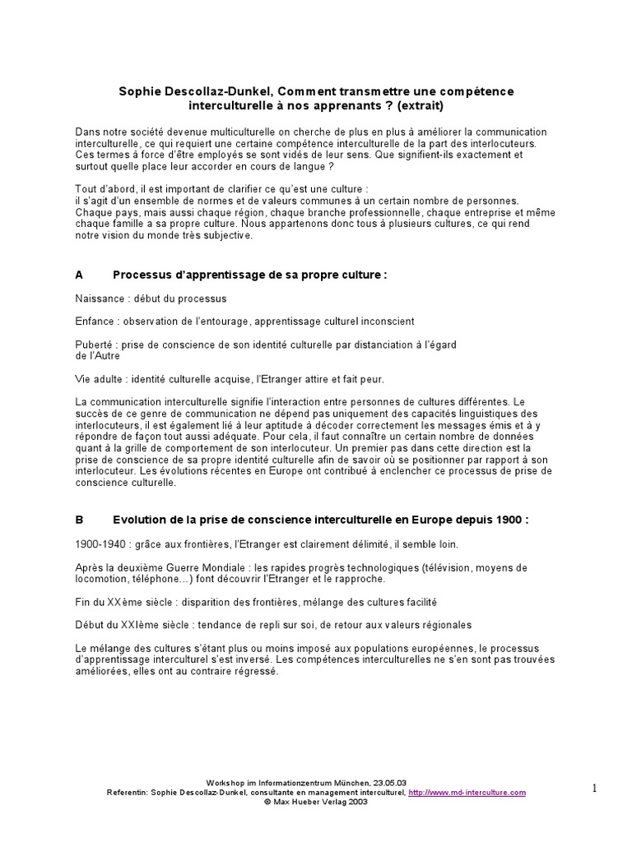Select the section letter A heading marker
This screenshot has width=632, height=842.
pyautogui.click(x=79, y=275)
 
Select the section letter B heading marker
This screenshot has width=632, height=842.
pyautogui.click(x=79, y=520)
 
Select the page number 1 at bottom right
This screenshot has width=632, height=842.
pyautogui.click(x=594, y=789)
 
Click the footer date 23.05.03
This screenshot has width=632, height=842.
pyautogui.click(x=390, y=783)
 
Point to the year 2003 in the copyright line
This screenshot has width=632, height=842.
pyautogui.click(x=356, y=801)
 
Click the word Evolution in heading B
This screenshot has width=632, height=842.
pyautogui.click(x=142, y=520)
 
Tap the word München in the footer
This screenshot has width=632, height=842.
pyautogui.click(x=349, y=783)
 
